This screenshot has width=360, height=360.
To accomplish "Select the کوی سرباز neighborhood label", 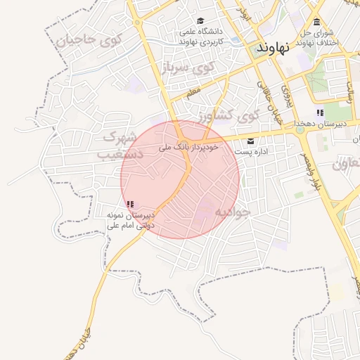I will coord(188,68).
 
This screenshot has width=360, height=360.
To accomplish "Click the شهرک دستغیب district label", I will coord(120,144).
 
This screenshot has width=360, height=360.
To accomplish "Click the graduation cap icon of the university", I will coord(201,21).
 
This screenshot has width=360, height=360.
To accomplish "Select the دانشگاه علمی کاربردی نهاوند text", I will coord(201,37).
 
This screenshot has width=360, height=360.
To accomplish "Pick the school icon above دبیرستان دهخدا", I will coord(320,112).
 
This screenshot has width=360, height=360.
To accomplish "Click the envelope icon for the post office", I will coord(250,141).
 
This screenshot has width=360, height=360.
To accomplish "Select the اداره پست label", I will coord(250,152).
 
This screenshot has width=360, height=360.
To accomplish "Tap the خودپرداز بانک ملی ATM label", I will coord(191,148).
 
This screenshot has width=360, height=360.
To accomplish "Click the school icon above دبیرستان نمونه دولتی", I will coord(130,205).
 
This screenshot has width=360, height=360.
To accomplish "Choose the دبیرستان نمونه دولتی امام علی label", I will coord(130,220).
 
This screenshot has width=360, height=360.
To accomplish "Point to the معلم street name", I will coord(193,91).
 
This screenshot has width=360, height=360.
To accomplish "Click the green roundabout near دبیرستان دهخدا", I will coord(300,129).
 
